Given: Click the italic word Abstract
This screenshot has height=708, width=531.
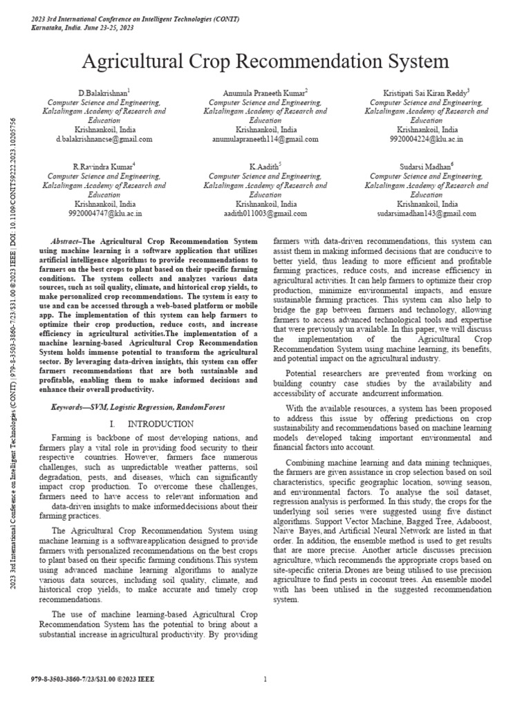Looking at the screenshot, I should click(67, 238).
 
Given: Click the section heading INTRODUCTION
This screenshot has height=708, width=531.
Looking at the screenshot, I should click(153, 423).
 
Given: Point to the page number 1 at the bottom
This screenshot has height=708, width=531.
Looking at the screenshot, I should click(265, 680).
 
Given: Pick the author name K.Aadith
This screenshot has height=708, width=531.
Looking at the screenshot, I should click(265, 167).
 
